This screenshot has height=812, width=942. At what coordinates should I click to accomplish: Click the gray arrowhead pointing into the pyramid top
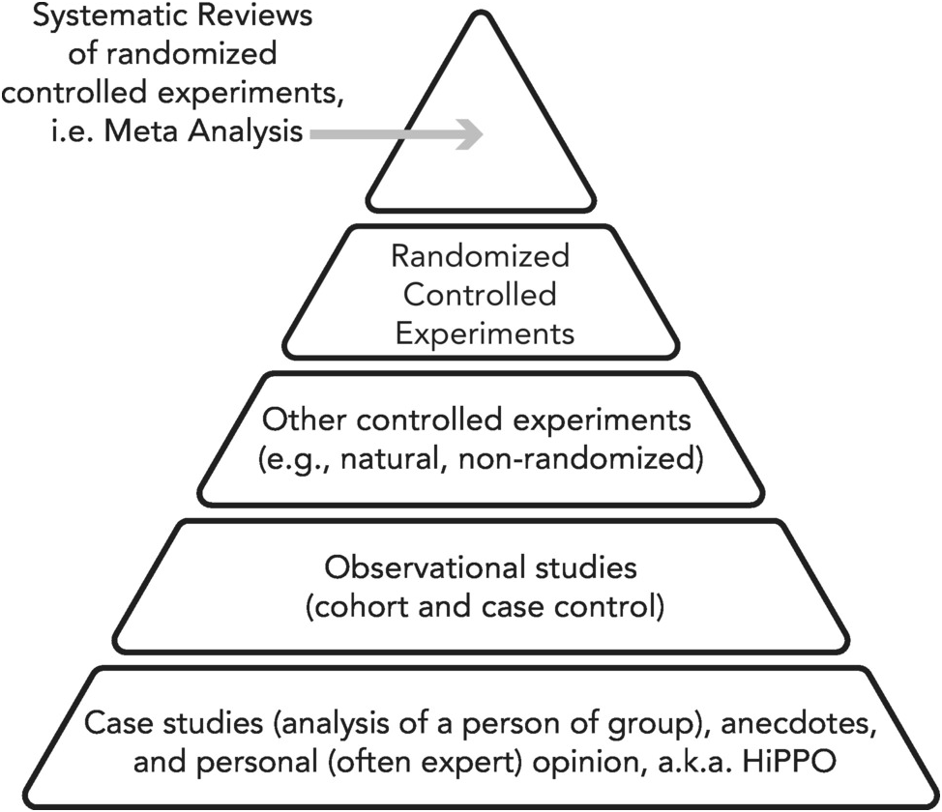[x=470, y=134]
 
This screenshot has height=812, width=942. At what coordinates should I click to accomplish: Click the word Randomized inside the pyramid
[x=480, y=257]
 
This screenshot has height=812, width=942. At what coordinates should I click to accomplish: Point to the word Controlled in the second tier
[x=480, y=295]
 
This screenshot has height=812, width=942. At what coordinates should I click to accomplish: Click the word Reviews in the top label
[x=227, y=18]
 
